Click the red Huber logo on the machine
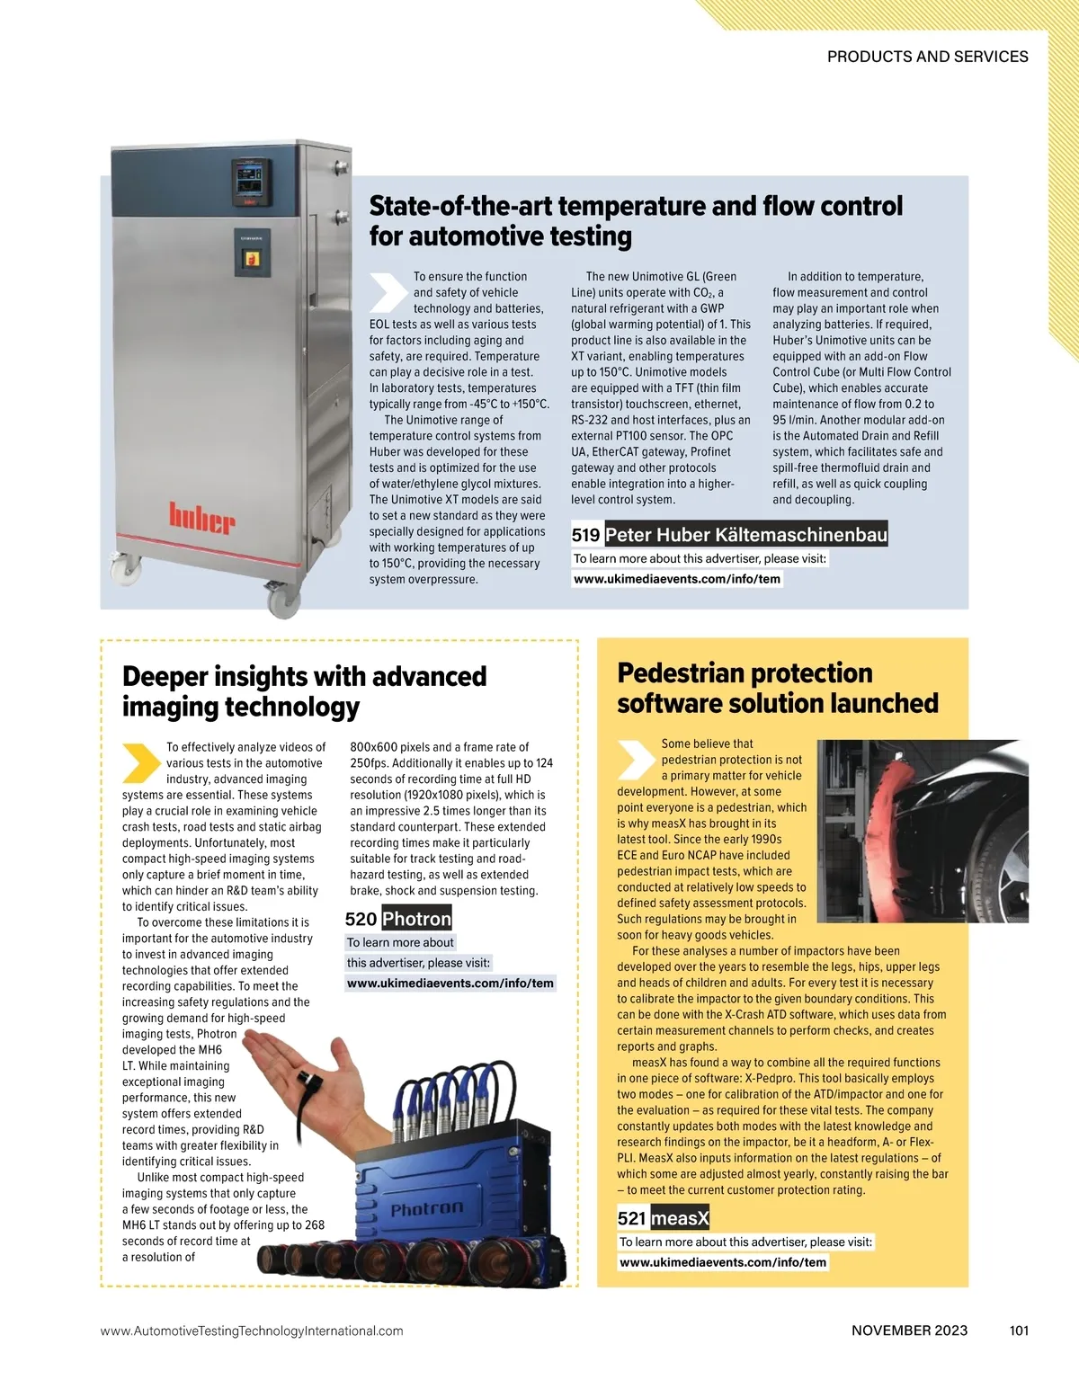[x=202, y=520]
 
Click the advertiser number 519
[x=585, y=535]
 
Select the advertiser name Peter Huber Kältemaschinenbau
[x=745, y=535]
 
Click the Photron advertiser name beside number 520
[x=416, y=919]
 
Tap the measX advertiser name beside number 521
[x=680, y=1218]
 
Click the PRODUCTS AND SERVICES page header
[x=927, y=57]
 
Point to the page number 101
[x=1019, y=1331]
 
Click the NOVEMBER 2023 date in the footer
[x=909, y=1331]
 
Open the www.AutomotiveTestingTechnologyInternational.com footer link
[x=252, y=1331]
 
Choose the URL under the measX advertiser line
[x=723, y=1262]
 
